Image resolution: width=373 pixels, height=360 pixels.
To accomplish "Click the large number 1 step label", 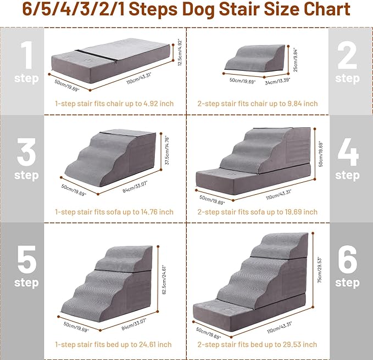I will click(26, 65).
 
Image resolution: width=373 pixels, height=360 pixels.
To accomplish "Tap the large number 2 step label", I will click(347, 65).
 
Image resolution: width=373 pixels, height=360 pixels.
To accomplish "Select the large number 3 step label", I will click(26, 160).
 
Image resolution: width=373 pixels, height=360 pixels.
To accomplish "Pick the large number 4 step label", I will click(347, 160).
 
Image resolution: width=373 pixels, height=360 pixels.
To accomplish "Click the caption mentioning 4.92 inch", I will click(114, 103).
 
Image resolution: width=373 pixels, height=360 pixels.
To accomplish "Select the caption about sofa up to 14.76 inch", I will click(114, 212).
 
